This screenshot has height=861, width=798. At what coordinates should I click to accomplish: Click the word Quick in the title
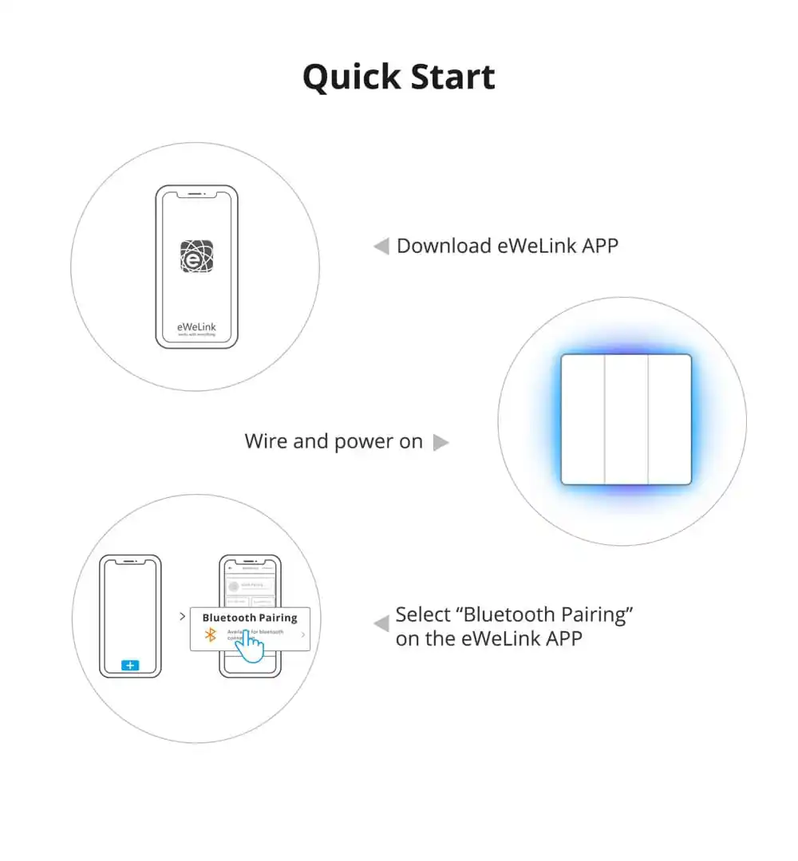pos(351,77)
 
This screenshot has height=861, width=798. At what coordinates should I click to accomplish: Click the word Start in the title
pos(452,77)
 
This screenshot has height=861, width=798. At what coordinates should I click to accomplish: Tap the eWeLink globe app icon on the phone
pos(196,256)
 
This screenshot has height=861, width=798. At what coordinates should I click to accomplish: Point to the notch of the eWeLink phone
pos(196,194)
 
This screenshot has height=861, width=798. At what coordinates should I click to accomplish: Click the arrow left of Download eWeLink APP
pos(381,247)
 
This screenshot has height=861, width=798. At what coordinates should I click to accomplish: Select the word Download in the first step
pos(444,246)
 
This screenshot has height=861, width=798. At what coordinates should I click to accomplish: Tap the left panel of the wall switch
pos(583,419)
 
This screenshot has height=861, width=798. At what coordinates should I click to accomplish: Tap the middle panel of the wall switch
pos(626,419)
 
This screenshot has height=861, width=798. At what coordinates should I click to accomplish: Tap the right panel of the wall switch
pos(669,419)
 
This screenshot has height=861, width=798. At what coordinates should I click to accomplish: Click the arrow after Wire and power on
pos(440,442)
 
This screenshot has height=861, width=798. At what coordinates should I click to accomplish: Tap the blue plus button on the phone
pos(130,665)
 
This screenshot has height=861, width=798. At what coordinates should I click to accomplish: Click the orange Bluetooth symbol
pos(211,634)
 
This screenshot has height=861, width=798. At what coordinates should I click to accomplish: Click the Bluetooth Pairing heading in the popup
pos(249,618)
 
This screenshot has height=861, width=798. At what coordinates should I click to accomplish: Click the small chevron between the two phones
pos(183,616)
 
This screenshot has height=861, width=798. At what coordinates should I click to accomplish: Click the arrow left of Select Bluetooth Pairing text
pos(381,623)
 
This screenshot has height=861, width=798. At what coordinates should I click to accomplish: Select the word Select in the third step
pos(424,615)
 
